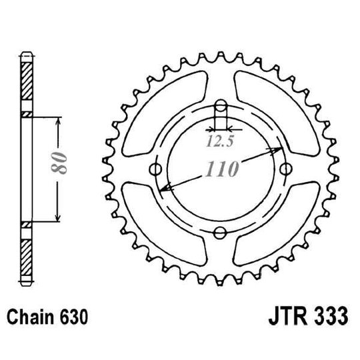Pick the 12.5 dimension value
pyautogui.click(x=217, y=141)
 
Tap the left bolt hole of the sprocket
pyautogui.click(x=157, y=168)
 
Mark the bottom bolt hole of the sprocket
pyautogui.click(x=221, y=231)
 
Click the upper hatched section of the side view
pyautogui.click(x=25, y=83)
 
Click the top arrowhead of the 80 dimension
pyautogui.click(x=59, y=121)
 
